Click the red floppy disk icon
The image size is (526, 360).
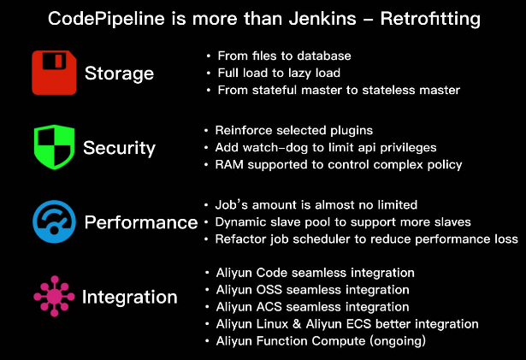[55, 72]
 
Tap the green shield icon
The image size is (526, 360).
[53, 147]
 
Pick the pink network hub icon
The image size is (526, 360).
[54, 297]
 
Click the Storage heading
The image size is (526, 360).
[119, 73]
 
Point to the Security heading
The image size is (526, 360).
[119, 148]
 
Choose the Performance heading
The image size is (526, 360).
[140, 223]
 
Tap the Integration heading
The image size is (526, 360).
[129, 298]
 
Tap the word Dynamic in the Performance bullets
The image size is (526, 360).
[243, 222]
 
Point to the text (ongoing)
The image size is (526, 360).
[396, 341]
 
